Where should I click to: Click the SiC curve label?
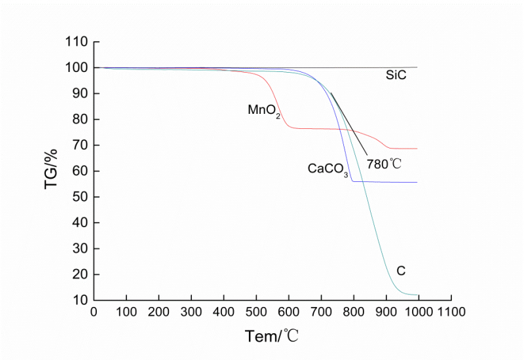396,76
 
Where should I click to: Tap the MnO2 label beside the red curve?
264,110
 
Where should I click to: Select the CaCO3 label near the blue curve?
327,169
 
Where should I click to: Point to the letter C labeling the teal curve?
401,270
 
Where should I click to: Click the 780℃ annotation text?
386,164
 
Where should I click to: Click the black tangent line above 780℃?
348,125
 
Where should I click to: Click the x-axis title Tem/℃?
272,337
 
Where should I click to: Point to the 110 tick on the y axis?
77,42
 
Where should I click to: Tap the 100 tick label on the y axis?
77,68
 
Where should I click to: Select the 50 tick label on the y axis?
79,197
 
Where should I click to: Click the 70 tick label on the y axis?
79,145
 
